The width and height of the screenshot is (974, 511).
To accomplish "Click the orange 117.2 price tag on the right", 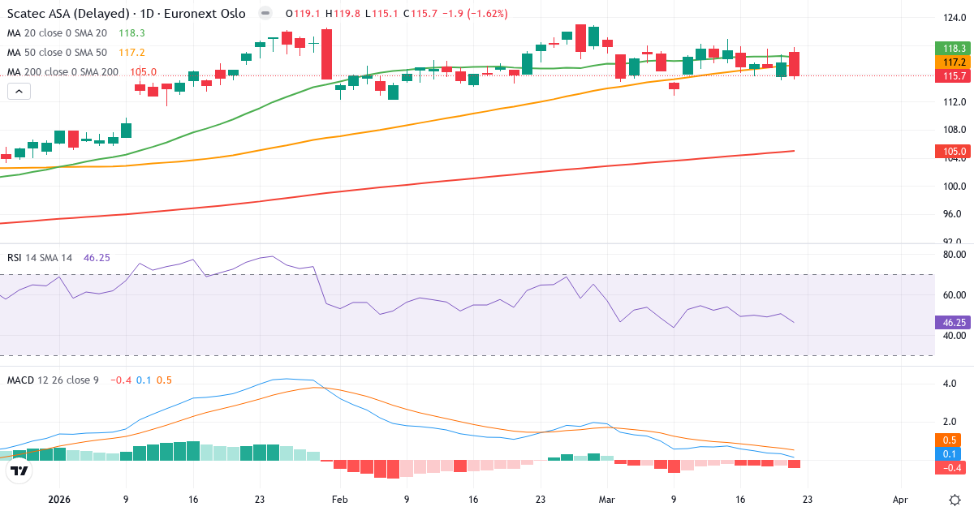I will point(955,62).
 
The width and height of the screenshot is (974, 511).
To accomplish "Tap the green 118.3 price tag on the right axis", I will point(955,48).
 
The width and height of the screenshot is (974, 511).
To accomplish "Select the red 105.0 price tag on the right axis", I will point(955,151).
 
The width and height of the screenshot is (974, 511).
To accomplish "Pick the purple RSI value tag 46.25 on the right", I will point(955,323).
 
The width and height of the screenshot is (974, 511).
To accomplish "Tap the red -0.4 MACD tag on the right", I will point(955,467).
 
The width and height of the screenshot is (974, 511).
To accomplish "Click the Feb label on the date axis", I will point(340,500).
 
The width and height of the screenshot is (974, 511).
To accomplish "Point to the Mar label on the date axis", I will point(606,500).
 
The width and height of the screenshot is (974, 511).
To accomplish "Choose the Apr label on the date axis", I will point(899,500).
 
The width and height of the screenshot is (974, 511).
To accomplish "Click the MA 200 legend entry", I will point(63,72).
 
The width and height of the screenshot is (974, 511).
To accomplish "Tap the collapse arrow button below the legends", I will point(19,92).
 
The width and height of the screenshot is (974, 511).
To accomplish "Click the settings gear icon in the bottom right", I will point(955,500).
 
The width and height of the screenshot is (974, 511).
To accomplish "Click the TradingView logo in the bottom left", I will point(19,471).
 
